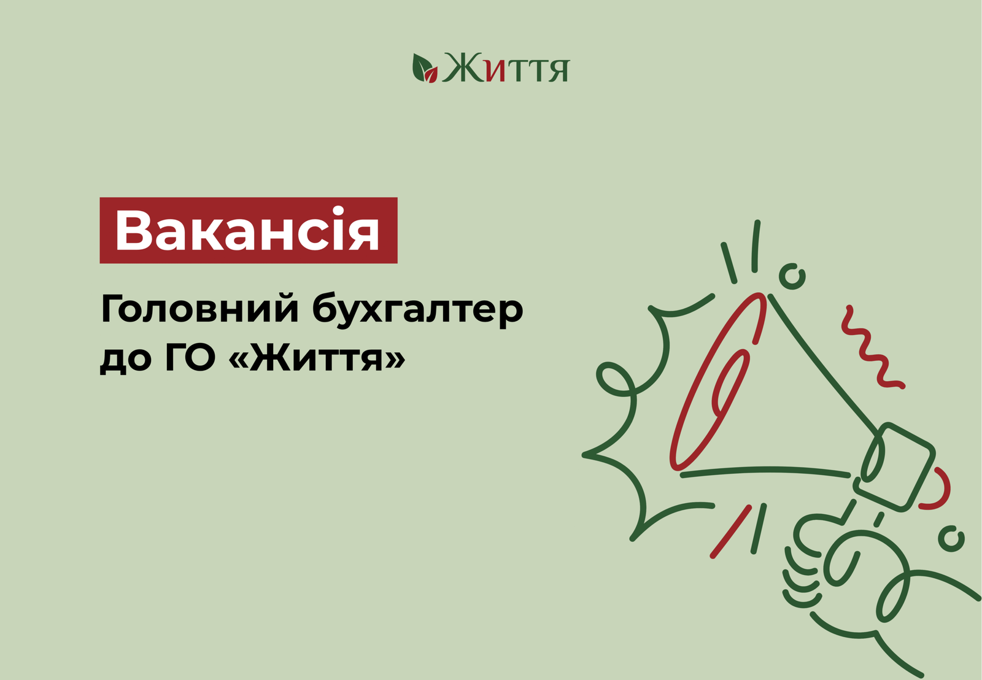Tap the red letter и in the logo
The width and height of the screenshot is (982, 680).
[495, 71]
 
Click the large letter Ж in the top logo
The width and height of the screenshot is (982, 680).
[463, 68]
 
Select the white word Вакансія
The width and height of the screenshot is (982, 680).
[247, 230]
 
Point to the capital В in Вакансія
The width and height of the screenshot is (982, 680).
[132, 230]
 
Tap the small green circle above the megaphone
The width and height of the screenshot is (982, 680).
[792, 277]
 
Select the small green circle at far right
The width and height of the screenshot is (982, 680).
[951, 538]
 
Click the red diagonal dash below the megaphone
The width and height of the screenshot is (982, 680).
[730, 532]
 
